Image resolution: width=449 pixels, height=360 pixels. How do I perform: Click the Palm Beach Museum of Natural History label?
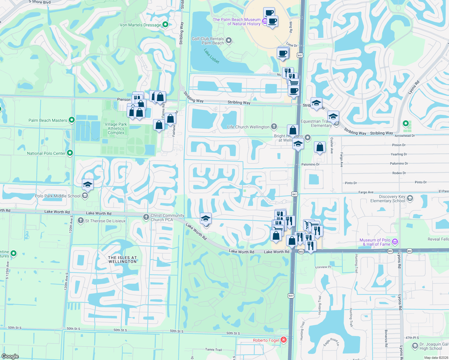point(237,22)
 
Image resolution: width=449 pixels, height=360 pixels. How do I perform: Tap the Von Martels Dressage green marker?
point(165,25)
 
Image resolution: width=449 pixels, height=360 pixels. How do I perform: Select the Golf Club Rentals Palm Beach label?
point(208,41)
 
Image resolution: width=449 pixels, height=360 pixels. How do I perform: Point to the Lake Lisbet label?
point(212,56)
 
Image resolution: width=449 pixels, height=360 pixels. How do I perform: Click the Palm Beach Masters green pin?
point(71,120)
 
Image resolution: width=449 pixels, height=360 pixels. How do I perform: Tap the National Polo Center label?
point(46,153)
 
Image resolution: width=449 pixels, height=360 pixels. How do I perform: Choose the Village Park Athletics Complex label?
point(116,128)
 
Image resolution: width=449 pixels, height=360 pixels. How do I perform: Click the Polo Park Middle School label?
point(58,196)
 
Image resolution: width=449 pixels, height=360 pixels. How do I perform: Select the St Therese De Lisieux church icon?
point(80,221)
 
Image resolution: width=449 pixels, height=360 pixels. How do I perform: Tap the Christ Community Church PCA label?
point(167,217)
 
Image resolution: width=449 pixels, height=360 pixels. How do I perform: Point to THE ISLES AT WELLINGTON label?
point(122,259)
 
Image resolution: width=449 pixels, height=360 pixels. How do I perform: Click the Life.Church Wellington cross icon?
point(274,127)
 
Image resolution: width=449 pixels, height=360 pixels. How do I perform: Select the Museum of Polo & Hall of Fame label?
point(375,242)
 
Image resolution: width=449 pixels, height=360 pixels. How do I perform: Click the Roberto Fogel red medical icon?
point(283,340)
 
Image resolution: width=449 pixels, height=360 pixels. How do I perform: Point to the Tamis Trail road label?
point(213,349)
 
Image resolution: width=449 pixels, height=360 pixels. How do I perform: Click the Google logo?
point(10,356)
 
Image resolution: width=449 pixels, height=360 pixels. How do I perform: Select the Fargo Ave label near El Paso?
point(366,192)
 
